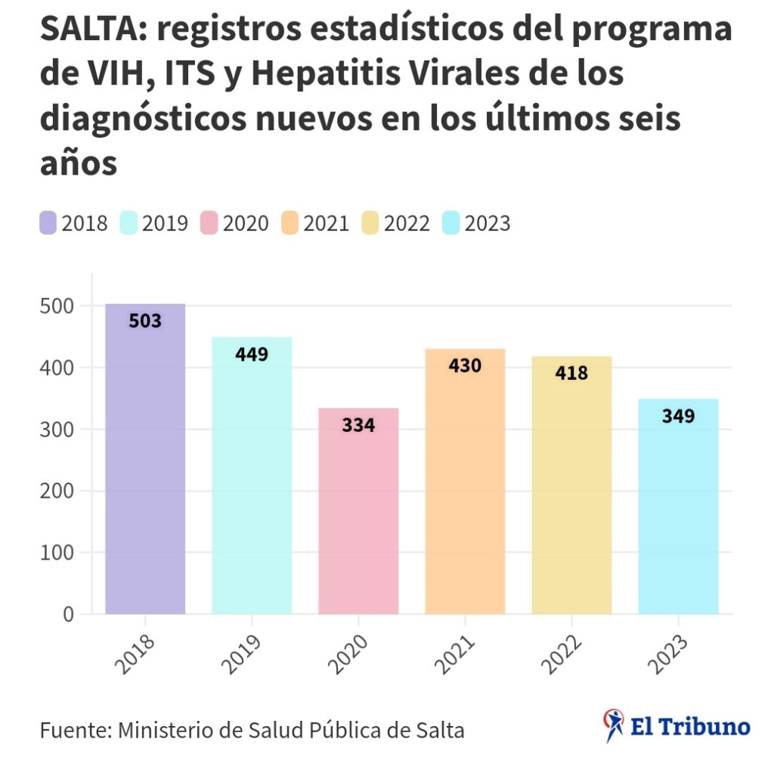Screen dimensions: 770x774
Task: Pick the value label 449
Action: click(x=252, y=354)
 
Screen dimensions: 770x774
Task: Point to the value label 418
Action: click(x=571, y=373)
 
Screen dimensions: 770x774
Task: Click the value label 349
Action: click(x=678, y=416)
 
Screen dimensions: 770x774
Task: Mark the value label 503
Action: click(x=145, y=321)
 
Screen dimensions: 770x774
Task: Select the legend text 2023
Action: click(x=488, y=224)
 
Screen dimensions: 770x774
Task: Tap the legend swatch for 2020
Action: click(x=209, y=224)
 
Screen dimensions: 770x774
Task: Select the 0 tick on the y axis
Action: click(x=68, y=615)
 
